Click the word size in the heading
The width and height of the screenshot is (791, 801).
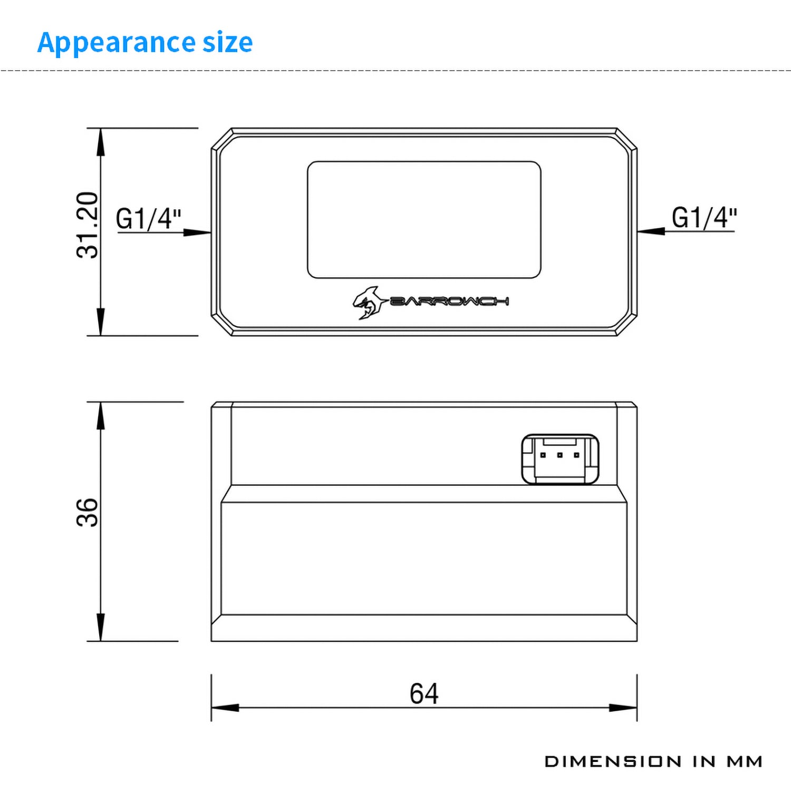pyautogui.click(x=228, y=42)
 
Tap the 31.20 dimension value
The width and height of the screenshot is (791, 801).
pyautogui.click(x=88, y=225)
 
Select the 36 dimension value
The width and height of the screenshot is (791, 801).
pyautogui.click(x=88, y=513)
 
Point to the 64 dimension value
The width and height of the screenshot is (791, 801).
pyautogui.click(x=424, y=693)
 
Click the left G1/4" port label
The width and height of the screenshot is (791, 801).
pyautogui.click(x=149, y=218)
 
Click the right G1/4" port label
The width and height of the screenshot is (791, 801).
pyautogui.click(x=704, y=217)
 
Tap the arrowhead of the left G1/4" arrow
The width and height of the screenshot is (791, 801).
pyautogui.click(x=197, y=232)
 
